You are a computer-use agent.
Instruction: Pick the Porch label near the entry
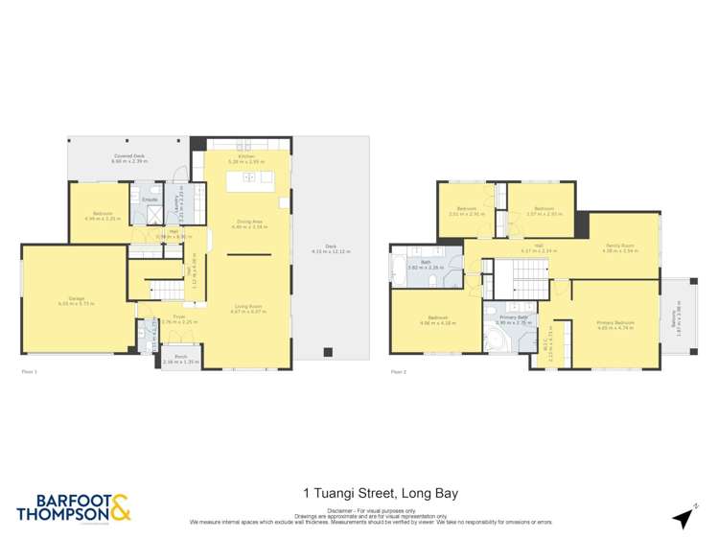point(179,358)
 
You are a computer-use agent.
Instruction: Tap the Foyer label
point(177,316)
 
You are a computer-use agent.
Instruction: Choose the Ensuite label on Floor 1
point(150,199)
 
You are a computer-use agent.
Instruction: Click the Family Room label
point(618,246)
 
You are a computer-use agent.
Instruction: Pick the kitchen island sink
point(249,176)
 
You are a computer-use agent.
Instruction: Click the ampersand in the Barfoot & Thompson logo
point(120,507)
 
